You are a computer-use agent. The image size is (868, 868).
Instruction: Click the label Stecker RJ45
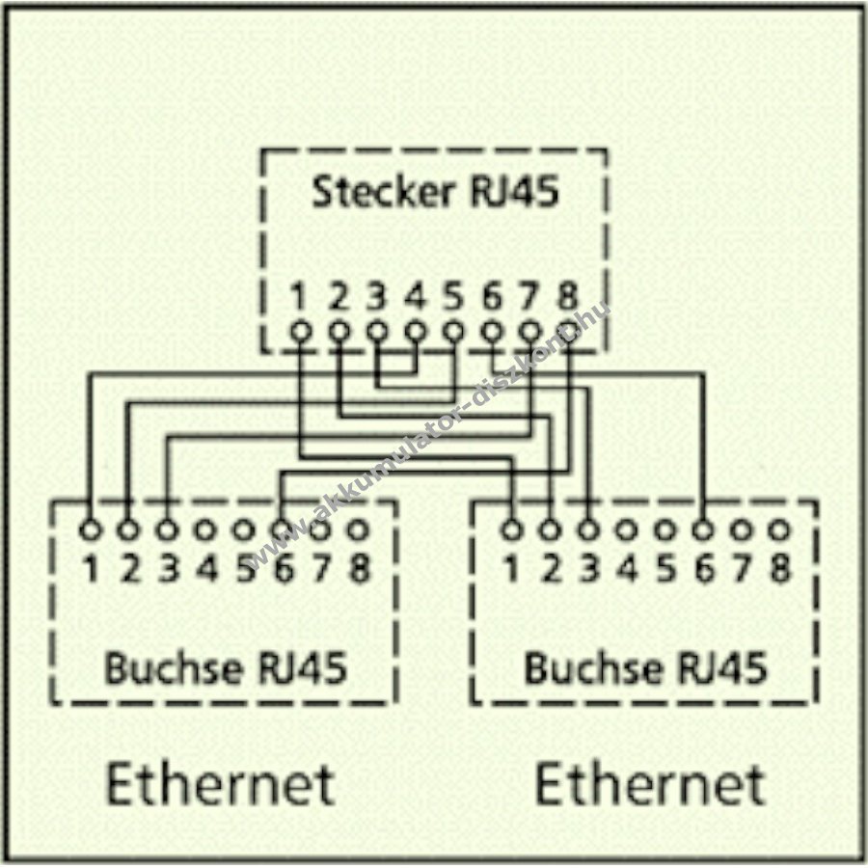(434, 192)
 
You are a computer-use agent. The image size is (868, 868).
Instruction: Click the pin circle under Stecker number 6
(492, 330)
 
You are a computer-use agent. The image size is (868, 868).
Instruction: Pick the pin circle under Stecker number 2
(338, 330)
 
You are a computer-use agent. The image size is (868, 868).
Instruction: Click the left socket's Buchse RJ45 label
(225, 667)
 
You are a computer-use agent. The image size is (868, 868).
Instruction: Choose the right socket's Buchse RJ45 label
(644, 667)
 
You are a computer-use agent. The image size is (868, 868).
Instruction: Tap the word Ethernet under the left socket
(220, 783)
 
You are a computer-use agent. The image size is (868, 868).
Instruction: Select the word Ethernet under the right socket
(649, 783)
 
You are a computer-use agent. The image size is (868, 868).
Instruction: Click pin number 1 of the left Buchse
(90, 570)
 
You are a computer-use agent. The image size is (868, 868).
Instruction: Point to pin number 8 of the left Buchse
(359, 570)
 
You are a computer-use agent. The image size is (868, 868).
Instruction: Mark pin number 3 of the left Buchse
(167, 570)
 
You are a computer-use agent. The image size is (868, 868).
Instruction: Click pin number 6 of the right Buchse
(703, 570)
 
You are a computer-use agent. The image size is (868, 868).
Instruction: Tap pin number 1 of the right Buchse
(511, 570)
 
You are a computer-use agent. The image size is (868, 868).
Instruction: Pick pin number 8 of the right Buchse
(779, 570)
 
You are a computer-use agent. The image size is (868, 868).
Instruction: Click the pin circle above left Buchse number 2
(127, 529)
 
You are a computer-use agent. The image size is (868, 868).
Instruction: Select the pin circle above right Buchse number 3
(587, 529)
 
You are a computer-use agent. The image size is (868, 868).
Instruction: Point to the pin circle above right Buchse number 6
(703, 529)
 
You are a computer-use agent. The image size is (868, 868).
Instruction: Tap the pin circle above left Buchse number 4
(204, 529)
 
